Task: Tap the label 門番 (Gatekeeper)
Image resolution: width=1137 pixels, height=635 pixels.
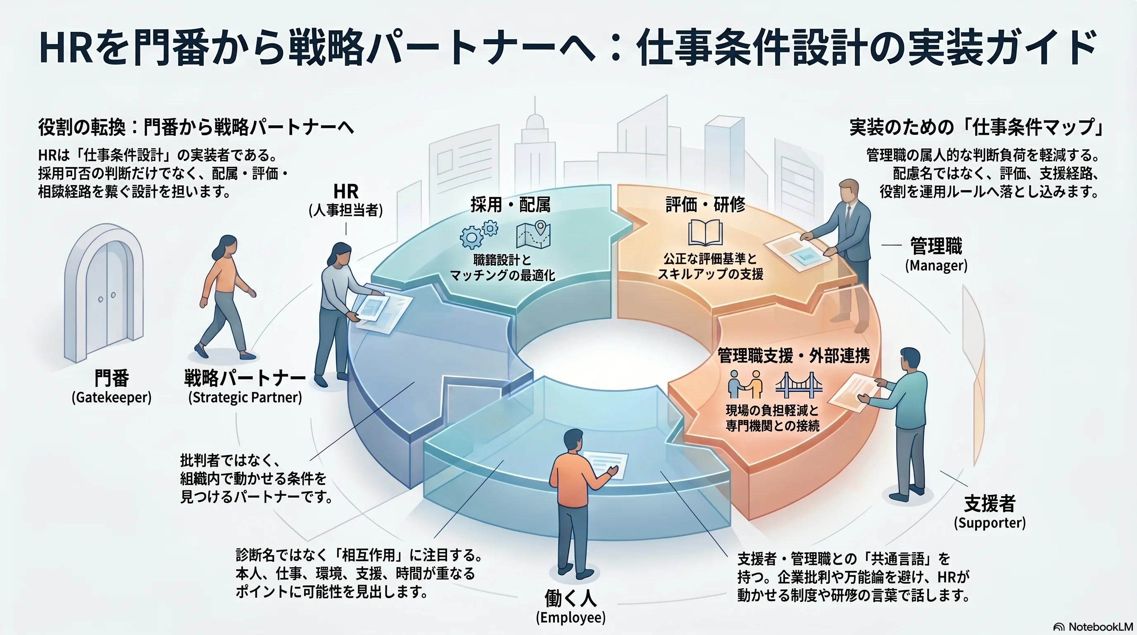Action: point(112,387)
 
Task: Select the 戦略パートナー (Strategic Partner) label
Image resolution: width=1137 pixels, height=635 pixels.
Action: point(245,387)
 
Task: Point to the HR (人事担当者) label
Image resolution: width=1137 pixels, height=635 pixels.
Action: point(345,200)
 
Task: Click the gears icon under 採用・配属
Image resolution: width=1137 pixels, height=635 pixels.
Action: point(478,234)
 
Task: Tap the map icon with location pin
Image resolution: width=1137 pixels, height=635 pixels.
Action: point(533,234)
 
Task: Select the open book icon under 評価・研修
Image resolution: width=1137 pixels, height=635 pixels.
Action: point(705,233)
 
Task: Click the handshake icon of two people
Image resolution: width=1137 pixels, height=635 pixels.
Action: point(745,384)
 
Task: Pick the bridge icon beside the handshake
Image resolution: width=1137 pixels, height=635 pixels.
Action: point(799,383)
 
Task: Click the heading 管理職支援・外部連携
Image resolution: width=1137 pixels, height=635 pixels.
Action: point(794,356)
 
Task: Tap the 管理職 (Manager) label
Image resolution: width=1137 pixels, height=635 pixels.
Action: point(936,255)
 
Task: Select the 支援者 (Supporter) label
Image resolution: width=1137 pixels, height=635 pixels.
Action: point(990,512)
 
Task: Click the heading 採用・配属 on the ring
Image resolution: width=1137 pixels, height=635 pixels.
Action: point(510,205)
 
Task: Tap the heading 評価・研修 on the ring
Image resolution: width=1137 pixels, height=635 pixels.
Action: point(705,205)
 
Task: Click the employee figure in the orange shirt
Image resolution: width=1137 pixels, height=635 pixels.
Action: point(574,504)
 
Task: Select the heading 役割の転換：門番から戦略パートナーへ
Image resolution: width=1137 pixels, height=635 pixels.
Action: point(196,127)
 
